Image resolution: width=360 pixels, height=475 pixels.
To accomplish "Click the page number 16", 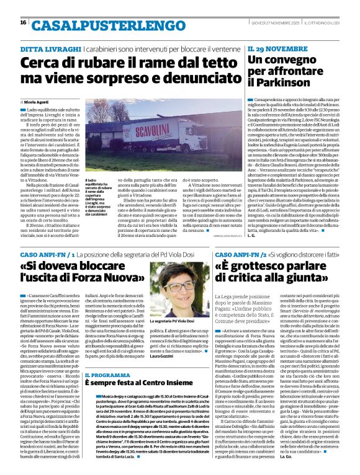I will click(23, 22).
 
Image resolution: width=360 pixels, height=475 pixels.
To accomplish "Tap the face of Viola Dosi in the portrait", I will click(183, 293).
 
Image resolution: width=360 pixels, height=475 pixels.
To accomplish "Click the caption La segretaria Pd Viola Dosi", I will click(178, 321).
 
